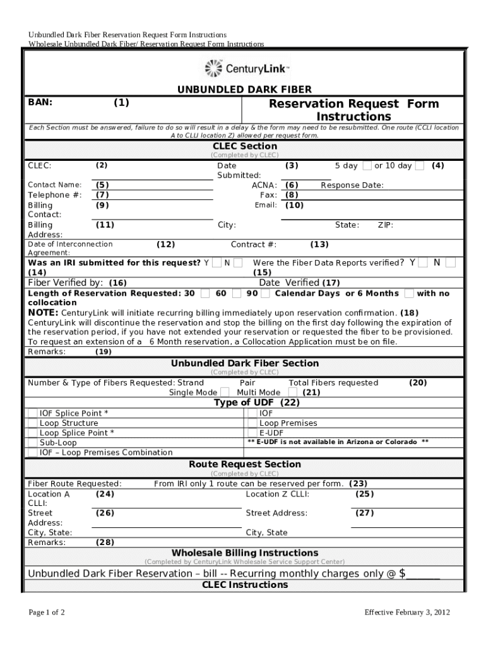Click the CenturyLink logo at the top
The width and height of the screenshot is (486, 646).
247,68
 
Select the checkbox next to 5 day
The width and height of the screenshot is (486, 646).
367,166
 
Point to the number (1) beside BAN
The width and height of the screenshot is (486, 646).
121,102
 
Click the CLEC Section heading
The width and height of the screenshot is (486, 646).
244,146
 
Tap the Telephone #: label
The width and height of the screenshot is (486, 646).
54,195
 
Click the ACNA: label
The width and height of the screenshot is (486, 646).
264,185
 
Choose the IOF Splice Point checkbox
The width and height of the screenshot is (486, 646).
32,413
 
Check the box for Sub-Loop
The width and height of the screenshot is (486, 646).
32,443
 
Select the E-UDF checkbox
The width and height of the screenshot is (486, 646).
252,433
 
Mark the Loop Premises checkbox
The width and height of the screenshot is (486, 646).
252,423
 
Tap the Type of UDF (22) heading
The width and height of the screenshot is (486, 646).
257,402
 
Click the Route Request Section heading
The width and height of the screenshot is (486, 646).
245,464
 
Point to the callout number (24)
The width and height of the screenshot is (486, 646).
105,494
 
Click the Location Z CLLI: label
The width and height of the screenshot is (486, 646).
277,494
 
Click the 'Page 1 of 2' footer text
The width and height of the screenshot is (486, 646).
47,613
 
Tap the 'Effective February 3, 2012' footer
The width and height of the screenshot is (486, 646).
407,613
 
